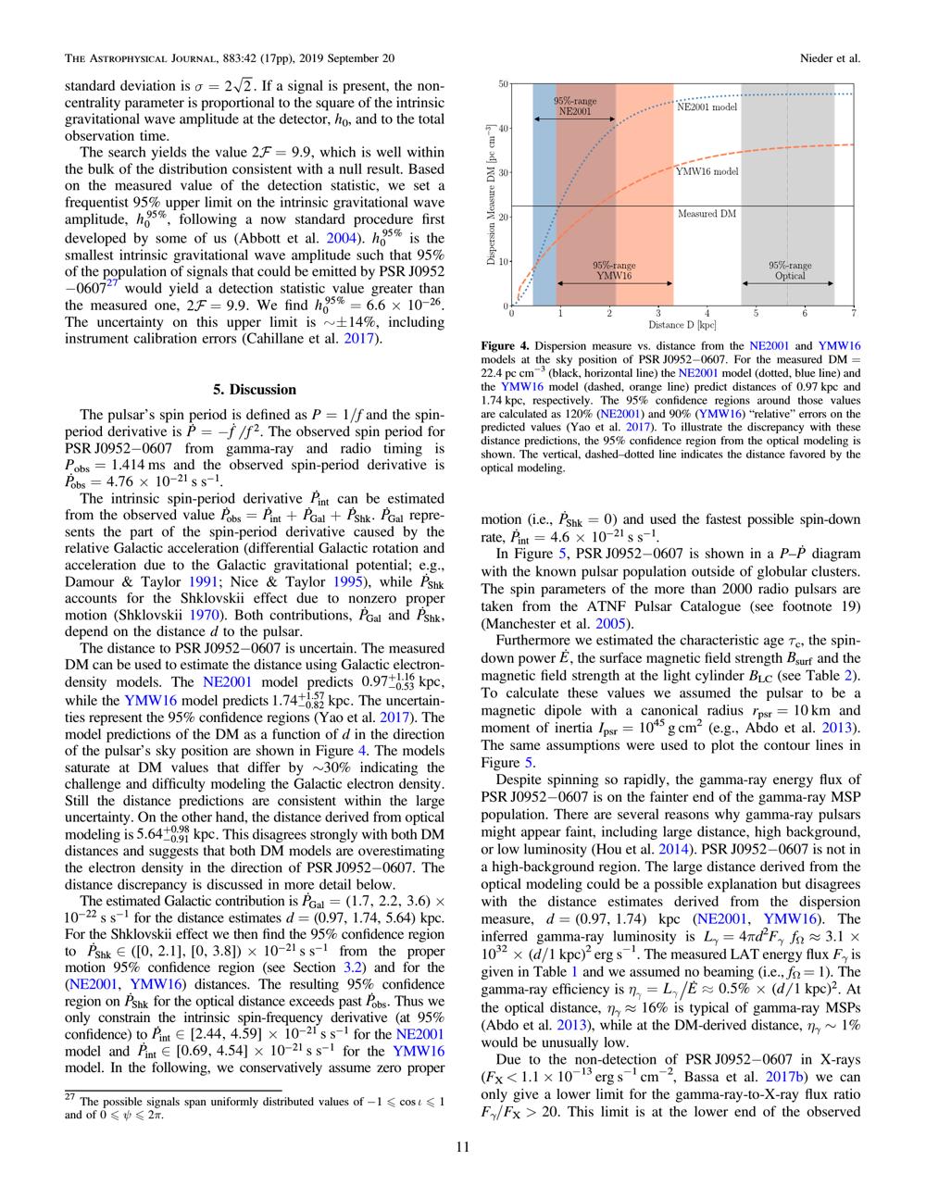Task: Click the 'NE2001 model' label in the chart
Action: (707, 106)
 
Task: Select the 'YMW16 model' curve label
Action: (707, 171)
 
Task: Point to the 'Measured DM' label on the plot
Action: (707, 214)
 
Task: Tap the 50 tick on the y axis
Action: (503, 83)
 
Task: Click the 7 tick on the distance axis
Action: (853, 314)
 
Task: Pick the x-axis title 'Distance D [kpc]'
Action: (682, 325)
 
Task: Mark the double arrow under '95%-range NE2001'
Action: (574, 119)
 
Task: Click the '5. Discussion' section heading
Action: (255, 390)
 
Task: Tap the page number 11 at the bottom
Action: (463, 1147)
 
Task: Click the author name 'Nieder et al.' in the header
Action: (831, 58)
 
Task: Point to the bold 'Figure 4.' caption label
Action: (506, 345)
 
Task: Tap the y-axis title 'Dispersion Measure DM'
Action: (491, 194)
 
